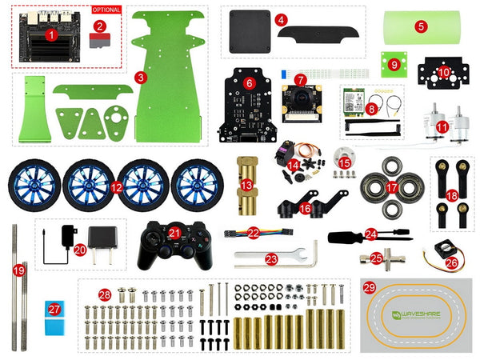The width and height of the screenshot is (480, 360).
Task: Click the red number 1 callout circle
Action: [50, 35]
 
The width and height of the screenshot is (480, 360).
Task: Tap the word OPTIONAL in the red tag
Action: [107, 10]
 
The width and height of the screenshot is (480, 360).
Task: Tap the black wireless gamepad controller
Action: [170, 243]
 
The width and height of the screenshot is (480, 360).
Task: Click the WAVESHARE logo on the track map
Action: [415, 314]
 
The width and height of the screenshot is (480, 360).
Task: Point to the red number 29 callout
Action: [368, 286]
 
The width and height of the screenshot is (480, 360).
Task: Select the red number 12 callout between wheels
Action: [117, 189]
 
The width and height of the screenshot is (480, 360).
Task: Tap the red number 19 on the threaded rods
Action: [19, 270]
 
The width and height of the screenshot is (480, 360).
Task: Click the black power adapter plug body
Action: [102, 239]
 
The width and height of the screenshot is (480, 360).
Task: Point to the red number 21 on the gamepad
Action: [175, 232]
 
